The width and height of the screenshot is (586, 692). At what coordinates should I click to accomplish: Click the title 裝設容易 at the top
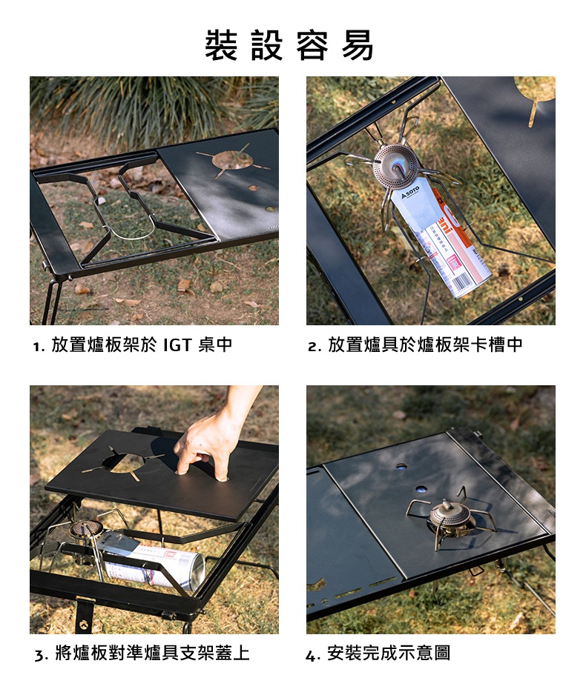tap(289, 45)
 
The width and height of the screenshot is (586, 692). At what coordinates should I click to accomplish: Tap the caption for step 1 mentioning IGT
tap(133, 345)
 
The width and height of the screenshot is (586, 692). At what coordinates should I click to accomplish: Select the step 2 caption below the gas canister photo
tap(415, 345)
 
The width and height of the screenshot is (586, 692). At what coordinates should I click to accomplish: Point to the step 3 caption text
tap(142, 653)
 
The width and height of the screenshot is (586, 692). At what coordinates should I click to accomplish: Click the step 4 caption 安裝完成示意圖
tap(378, 653)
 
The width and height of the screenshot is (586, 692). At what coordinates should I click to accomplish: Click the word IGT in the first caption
tap(177, 345)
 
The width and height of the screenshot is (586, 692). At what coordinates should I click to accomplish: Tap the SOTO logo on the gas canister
tap(410, 193)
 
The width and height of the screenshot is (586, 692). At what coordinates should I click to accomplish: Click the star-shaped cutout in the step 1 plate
tap(232, 160)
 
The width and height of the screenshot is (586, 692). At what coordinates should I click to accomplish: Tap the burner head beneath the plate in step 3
tap(87, 530)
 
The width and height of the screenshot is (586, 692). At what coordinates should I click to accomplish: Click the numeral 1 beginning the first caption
tap(36, 347)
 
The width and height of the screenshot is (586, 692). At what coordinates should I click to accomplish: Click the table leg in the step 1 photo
tap(52, 300)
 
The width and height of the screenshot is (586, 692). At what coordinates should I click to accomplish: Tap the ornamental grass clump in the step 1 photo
tap(133, 106)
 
